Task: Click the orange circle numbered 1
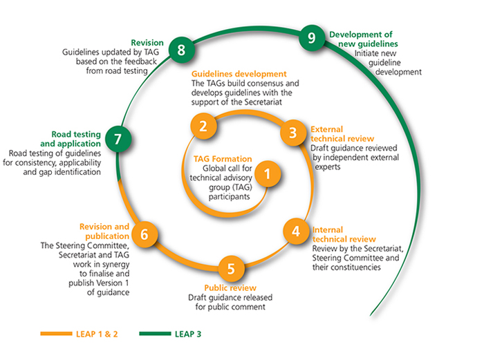[270, 172]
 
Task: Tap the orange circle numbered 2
[203, 126]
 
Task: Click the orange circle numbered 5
[232, 267]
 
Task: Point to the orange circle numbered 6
[145, 234]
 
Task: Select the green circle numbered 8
[181, 50]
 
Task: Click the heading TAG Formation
[223, 158]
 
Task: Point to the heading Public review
[230, 287]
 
